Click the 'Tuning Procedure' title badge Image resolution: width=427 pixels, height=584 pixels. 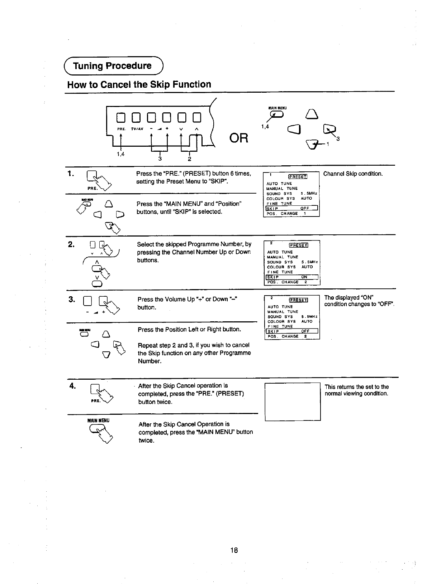[112, 66]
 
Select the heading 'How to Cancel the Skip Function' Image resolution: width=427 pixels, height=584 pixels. [139, 84]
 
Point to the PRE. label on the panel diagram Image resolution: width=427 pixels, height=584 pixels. [121, 129]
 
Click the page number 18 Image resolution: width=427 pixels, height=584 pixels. [234, 550]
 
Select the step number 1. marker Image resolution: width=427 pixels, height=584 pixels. [71, 174]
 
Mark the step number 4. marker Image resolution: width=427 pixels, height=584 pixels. [72, 386]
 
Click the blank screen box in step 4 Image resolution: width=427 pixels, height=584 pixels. [292, 401]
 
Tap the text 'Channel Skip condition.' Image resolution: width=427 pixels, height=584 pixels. [353, 174]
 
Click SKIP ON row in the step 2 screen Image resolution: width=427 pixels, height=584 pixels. [292, 277]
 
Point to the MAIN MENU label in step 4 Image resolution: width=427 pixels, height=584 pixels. [98, 420]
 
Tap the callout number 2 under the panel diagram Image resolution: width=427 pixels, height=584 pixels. [189, 159]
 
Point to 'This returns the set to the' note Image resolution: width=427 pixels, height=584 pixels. [356, 387]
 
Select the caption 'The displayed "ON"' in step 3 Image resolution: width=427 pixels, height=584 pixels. [349, 298]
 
